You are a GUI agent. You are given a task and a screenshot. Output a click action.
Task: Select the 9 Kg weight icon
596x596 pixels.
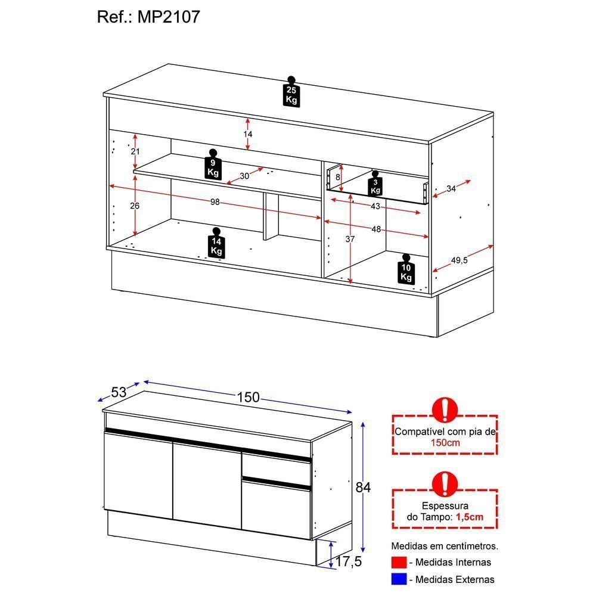click(213, 165)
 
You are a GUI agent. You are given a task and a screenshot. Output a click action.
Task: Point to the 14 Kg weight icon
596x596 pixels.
click(216, 244)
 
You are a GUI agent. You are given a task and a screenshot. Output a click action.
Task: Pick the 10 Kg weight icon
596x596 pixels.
click(406, 270)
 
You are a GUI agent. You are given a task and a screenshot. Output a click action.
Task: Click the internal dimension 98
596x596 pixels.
click(215, 203)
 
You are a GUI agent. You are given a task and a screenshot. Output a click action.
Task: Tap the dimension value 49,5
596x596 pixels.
click(459, 260)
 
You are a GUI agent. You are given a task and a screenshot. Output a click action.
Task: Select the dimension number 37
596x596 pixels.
click(350, 240)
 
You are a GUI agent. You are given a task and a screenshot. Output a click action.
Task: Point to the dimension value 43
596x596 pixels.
click(375, 206)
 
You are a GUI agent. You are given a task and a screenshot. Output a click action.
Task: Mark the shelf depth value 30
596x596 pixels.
click(244, 176)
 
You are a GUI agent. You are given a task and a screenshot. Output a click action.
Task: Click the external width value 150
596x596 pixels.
click(248, 397)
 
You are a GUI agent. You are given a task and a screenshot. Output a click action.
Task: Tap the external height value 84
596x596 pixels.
click(363, 488)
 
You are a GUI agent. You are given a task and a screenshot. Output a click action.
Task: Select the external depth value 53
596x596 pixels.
click(119, 392)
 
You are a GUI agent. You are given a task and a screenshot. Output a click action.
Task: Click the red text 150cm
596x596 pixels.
click(444, 443)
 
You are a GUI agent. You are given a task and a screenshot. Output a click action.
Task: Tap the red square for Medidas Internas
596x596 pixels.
click(399, 562)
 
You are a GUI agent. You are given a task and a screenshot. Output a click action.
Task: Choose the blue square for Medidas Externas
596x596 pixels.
click(399, 579)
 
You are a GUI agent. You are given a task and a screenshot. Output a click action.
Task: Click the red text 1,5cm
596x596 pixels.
click(469, 517)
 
